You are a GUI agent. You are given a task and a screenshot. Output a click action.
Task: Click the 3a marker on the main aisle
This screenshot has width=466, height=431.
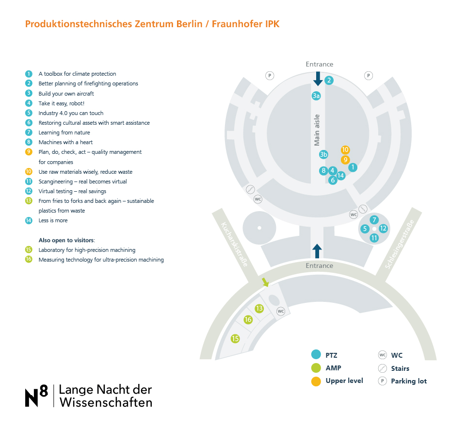point(316,96)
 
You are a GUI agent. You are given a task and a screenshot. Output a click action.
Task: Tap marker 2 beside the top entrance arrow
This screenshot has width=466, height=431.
point(329,80)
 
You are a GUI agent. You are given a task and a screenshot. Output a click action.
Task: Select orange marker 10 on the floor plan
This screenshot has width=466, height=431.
point(345,149)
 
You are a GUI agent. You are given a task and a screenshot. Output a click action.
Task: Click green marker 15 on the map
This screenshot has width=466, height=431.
point(235,338)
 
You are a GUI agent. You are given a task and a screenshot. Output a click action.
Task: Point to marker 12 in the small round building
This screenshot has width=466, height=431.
point(383,229)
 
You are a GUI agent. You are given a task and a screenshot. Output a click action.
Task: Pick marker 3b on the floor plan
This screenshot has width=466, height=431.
point(323,154)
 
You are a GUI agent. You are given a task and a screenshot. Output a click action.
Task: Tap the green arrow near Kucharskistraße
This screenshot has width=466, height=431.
point(265,282)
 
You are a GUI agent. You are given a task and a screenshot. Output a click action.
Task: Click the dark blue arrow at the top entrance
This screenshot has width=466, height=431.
point(318,79)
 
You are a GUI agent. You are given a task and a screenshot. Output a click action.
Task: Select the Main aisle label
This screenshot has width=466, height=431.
point(317,130)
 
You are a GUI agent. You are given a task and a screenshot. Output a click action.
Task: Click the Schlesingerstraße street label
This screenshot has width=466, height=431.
point(400,244)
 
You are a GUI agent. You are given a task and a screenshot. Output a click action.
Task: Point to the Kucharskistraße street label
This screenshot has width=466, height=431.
point(234,244)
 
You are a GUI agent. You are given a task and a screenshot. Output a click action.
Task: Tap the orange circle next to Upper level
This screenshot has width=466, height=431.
point(316,381)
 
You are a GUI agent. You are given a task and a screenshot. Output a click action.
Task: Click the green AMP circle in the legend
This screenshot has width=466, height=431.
point(316,368)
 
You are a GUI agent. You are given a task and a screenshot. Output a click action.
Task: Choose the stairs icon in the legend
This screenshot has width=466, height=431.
point(382,368)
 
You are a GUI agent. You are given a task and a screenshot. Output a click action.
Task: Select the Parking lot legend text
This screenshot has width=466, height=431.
point(409,381)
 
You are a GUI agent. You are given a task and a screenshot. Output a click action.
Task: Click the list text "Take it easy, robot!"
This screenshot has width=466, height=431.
point(62,103)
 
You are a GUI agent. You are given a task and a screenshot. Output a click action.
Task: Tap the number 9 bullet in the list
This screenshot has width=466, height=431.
point(29,152)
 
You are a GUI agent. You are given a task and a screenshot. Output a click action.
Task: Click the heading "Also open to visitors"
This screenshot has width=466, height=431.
point(66,240)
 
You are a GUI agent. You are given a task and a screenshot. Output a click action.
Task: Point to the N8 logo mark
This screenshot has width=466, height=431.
point(36,396)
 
